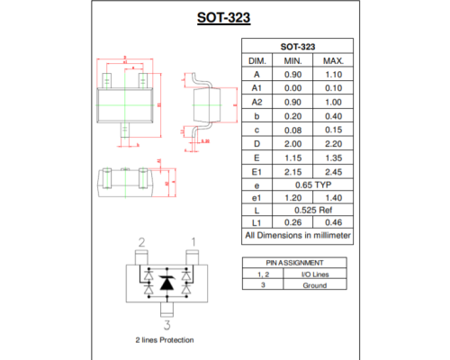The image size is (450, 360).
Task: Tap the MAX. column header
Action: (x=333, y=60)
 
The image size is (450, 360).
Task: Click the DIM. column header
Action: (x=256, y=60)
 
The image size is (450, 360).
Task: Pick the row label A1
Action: (x=256, y=89)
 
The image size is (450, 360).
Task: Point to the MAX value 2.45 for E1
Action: (x=333, y=169)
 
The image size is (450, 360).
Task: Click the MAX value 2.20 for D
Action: (x=333, y=142)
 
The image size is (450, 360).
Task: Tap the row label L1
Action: (x=256, y=222)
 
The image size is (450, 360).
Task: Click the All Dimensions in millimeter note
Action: (x=298, y=236)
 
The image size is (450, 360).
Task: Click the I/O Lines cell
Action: (x=315, y=274)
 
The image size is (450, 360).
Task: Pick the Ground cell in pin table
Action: (x=315, y=284)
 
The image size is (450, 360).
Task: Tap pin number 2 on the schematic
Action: (x=141, y=242)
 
